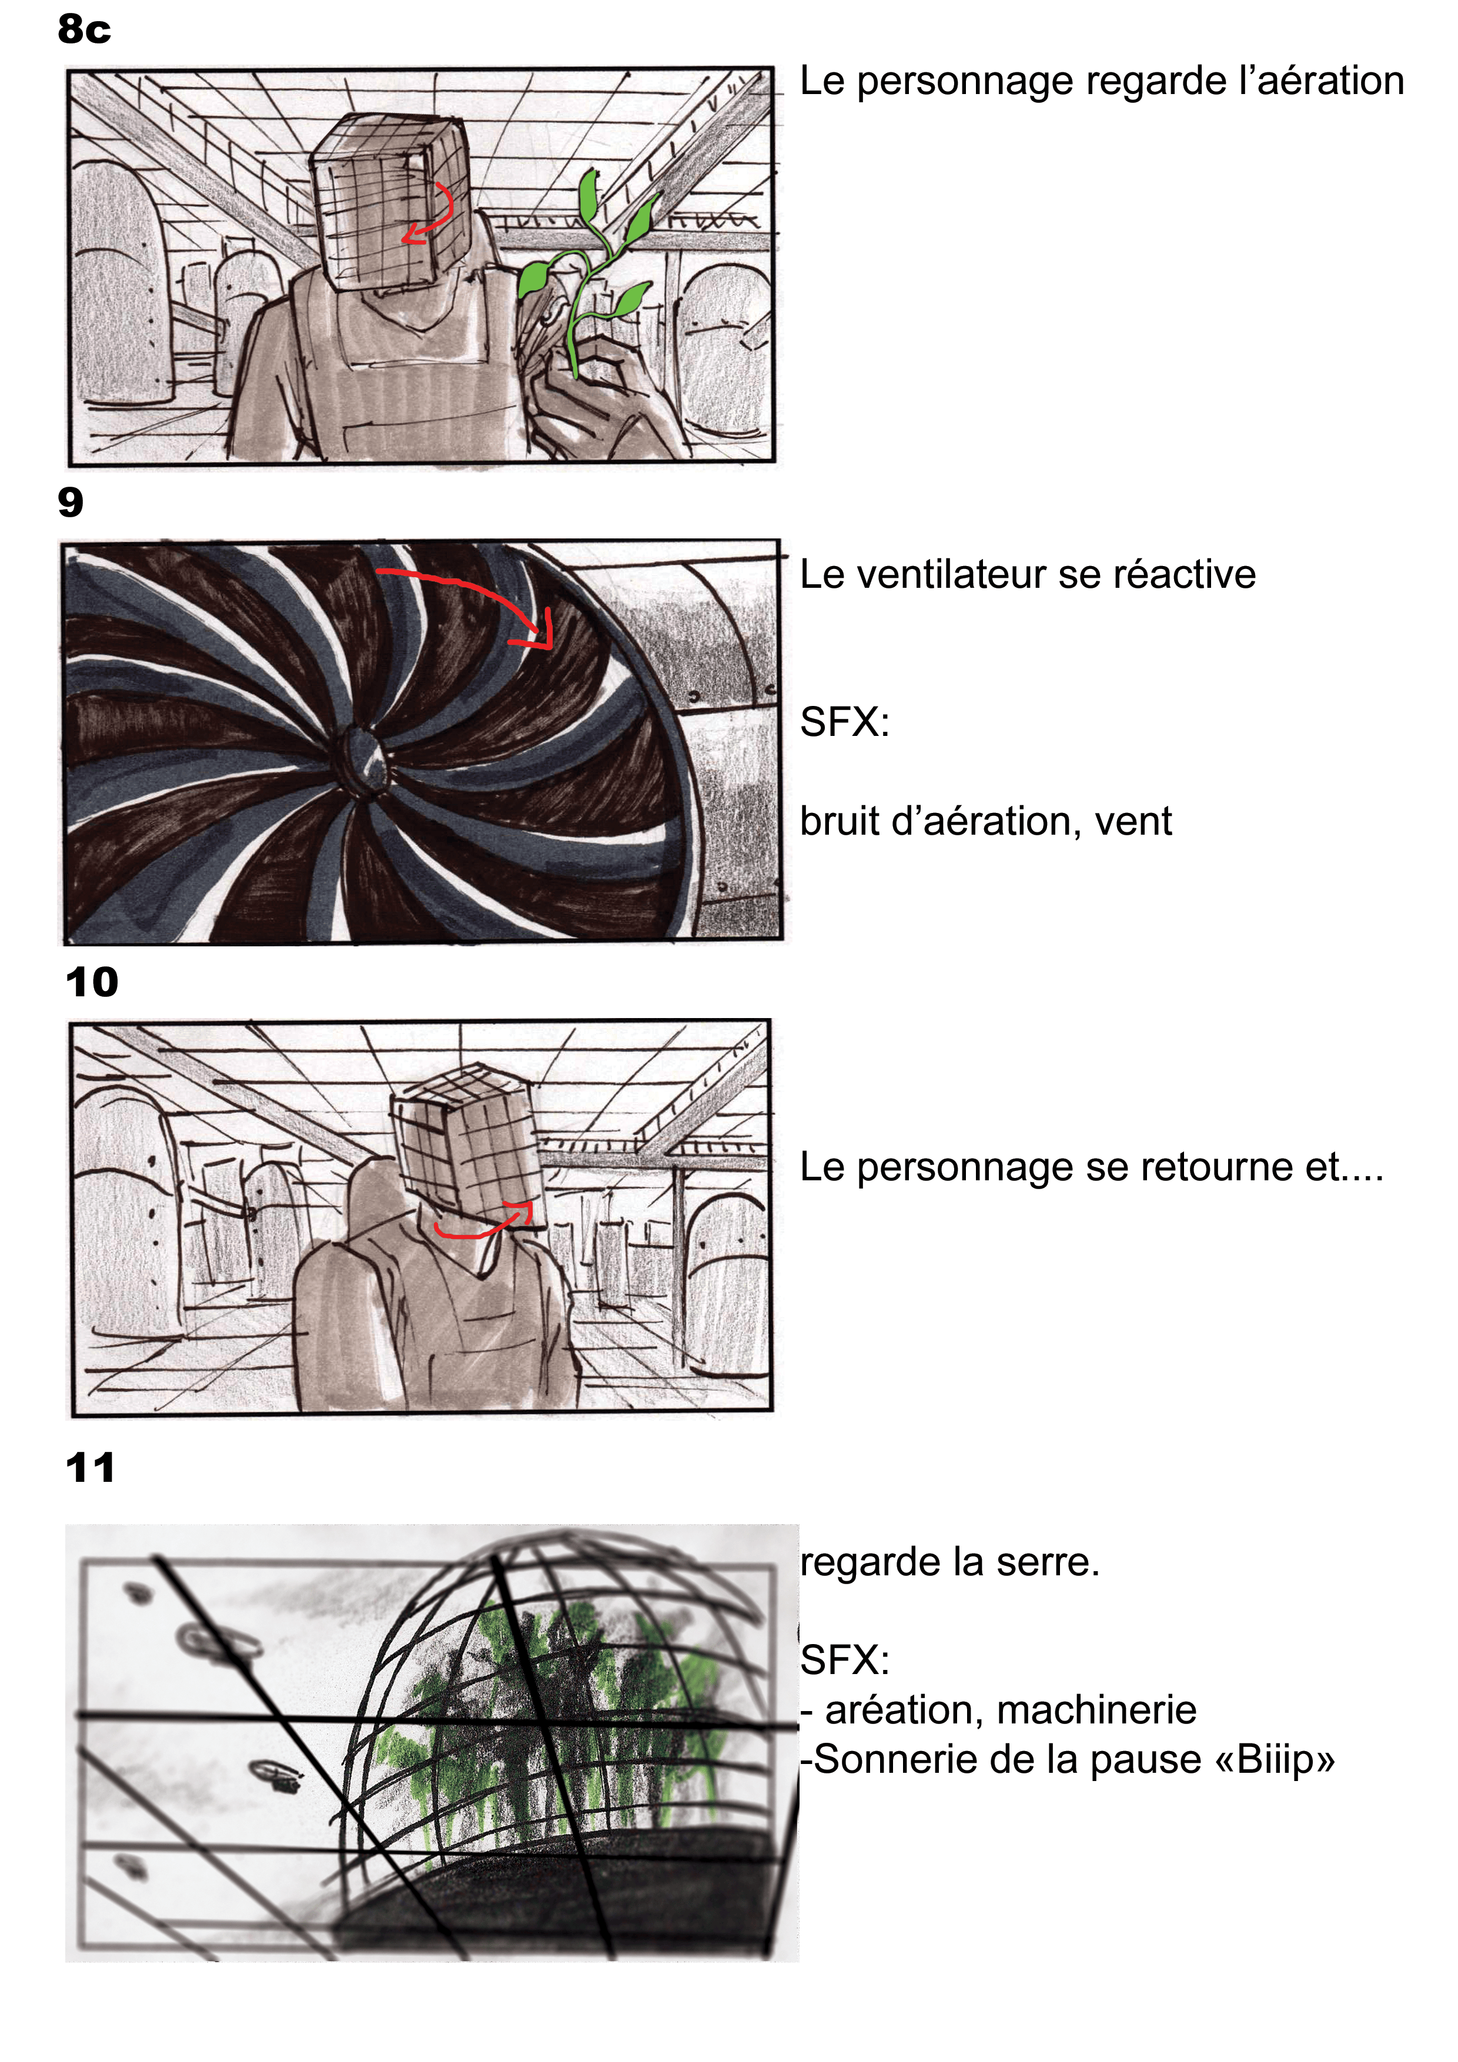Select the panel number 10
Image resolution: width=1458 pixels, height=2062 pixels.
point(92,982)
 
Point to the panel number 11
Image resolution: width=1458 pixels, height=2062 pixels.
point(90,1468)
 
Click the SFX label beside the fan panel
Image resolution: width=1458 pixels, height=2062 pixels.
point(844,721)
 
